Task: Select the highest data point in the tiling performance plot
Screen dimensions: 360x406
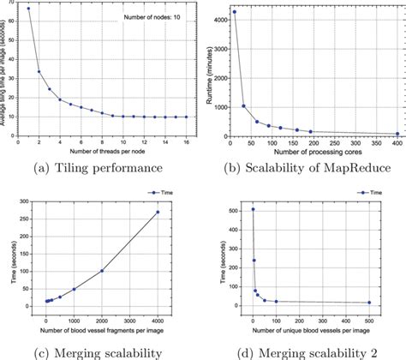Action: tap(28, 9)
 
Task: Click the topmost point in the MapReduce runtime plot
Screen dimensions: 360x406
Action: tap(235, 12)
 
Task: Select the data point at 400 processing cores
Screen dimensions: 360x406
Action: tap(397, 135)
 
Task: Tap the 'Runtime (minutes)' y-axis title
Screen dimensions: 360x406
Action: tap(212, 73)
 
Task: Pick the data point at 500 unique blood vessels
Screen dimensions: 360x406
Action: tap(392, 303)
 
